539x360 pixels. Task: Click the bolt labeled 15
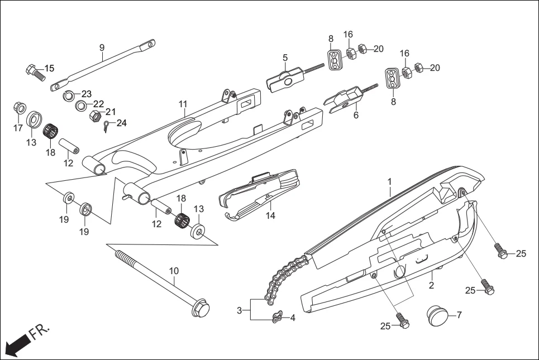click(34, 71)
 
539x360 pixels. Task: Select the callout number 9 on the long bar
click(102, 47)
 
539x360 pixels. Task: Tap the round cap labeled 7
click(437, 314)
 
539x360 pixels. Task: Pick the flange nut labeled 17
click(18, 107)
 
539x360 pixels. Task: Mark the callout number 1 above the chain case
click(390, 181)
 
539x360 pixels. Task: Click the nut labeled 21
click(94, 116)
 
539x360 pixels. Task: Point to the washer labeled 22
click(82, 105)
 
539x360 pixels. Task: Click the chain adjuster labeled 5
click(285, 78)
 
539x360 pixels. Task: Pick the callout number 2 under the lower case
click(431, 285)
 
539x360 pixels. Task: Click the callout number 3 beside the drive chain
click(239, 310)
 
